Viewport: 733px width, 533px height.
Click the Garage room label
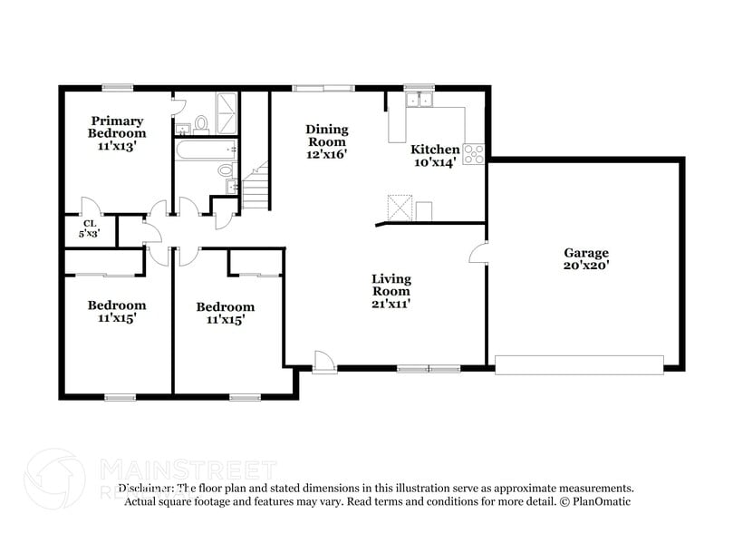pos(586,253)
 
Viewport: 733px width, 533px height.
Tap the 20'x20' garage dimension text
pos(586,266)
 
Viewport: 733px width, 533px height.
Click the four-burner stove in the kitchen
pos(474,154)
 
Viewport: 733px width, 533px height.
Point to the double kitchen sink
pos(418,100)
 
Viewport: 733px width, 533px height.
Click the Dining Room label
pos(326,135)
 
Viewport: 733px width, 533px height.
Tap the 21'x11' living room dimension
pos(391,305)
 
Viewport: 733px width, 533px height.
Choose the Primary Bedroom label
pos(116,127)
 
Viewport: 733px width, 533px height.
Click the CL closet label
pos(90,223)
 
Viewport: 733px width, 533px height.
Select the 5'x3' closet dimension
pos(90,233)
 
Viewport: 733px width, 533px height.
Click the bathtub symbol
pos(207,149)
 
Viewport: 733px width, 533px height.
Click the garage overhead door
pos(578,364)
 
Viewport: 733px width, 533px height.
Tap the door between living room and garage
pos(478,253)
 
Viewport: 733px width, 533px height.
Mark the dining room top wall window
pos(323,88)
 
